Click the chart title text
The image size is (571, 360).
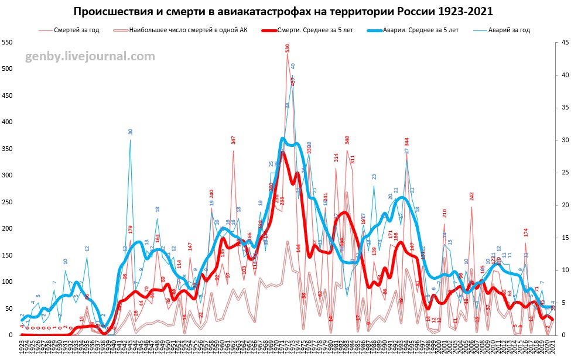click(283, 12)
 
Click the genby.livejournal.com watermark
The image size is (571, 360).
click(90, 57)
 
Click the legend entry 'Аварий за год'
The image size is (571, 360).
click(510, 30)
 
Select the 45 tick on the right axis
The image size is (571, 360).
click(563, 43)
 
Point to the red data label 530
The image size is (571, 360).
click(288, 49)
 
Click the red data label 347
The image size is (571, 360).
click(233, 140)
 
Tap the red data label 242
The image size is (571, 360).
click(471, 197)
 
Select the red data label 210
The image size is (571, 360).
click(445, 214)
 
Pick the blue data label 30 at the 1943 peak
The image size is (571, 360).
click(131, 132)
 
